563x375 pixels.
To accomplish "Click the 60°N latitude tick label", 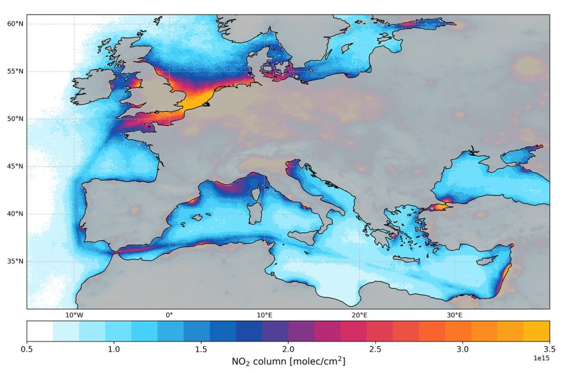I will pyautogui.click(x=15, y=24).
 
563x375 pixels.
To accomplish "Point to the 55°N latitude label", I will pyautogui.click(x=15, y=72).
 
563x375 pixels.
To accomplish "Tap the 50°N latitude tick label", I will pyautogui.click(x=15, y=119).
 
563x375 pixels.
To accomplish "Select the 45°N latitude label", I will pyautogui.click(x=15, y=167).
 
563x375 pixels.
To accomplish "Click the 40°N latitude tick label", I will pyautogui.click(x=15, y=214).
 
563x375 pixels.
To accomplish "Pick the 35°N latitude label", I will pyautogui.click(x=15, y=262).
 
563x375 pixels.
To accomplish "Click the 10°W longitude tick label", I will pyautogui.click(x=74, y=315).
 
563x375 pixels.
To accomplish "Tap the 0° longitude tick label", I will pyautogui.click(x=169, y=315).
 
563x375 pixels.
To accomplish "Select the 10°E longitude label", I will pyautogui.click(x=264, y=315).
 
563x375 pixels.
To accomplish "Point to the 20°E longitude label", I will pyautogui.click(x=359, y=315).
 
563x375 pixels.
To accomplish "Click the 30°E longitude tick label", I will pyautogui.click(x=454, y=315).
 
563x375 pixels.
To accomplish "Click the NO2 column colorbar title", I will pyautogui.click(x=288, y=362).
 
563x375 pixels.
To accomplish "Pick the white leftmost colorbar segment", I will pyautogui.click(x=40, y=331).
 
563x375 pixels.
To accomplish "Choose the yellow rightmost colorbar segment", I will pyautogui.click(x=536, y=331).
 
